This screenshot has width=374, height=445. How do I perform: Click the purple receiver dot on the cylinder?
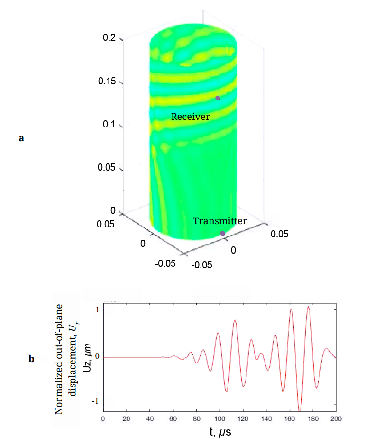pyautogui.click(x=218, y=98)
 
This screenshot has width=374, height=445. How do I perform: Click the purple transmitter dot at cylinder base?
pyautogui.click(x=222, y=233)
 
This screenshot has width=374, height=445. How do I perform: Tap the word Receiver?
pyautogui.click(x=191, y=116)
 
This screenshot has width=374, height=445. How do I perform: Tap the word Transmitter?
pyautogui.click(x=220, y=221)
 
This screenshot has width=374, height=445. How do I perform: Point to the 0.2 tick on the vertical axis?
pyautogui.click(x=109, y=38)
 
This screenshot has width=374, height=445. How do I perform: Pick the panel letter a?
pyautogui.click(x=21, y=138)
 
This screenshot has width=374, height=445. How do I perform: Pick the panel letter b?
pyautogui.click(x=31, y=359)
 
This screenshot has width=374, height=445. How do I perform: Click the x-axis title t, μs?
pyautogui.click(x=219, y=432)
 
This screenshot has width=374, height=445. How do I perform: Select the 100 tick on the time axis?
pyautogui.click(x=219, y=419)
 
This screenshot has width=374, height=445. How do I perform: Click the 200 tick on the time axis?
pyautogui.click(x=336, y=419)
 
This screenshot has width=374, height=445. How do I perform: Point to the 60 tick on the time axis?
pyautogui.click(x=173, y=419)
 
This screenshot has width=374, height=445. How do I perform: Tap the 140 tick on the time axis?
pyautogui.click(x=266, y=419)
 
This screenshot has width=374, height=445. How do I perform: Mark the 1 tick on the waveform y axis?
pyautogui.click(x=96, y=310)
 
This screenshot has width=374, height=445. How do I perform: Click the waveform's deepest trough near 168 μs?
pyautogui.click(x=300, y=410)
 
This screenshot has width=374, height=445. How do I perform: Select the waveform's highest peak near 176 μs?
pyautogui.click(x=309, y=307)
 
